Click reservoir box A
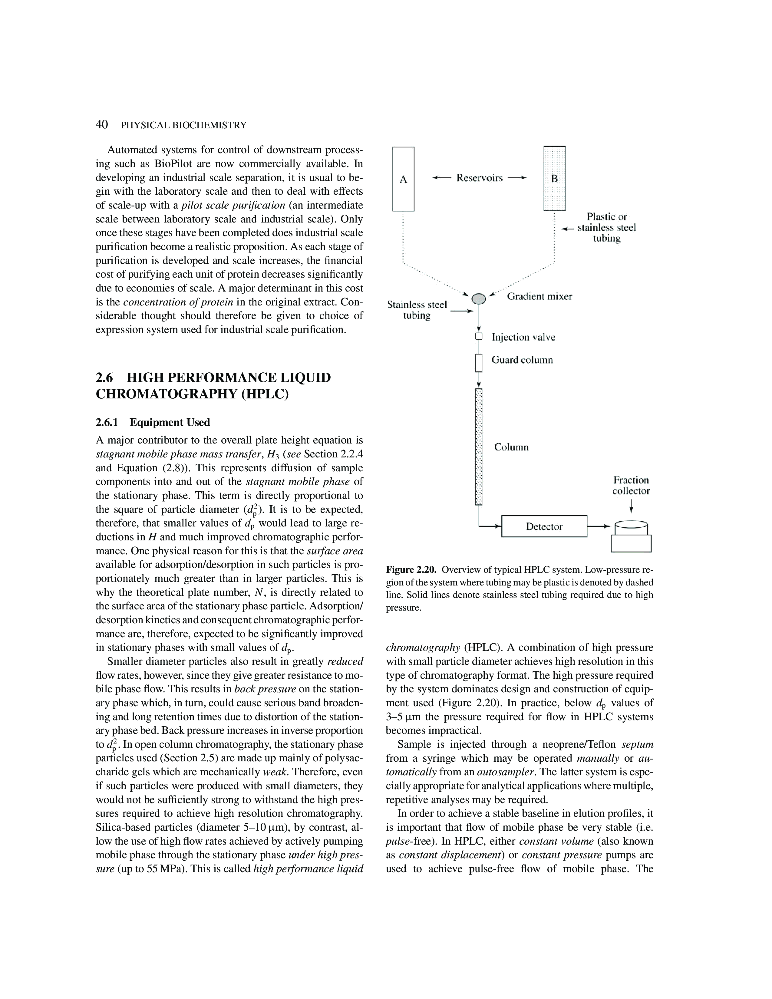point(403,179)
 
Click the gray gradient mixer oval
point(478,298)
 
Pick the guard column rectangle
point(478,363)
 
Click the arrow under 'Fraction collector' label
point(631,506)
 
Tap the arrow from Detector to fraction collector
point(599,526)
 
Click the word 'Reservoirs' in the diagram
point(479,178)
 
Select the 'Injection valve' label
point(523,337)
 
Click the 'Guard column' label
point(522,360)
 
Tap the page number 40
point(101,124)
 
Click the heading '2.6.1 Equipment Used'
point(153,422)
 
